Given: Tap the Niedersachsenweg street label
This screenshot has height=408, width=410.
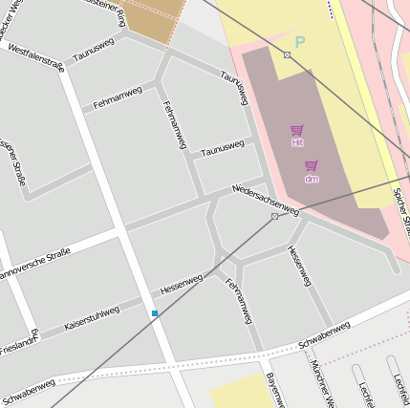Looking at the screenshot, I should coord(265,199).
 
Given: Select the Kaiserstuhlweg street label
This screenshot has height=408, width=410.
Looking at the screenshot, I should coord(92,318).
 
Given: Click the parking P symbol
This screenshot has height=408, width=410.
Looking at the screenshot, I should coord(300,42).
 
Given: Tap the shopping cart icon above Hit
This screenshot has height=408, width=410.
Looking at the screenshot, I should coord(297,130).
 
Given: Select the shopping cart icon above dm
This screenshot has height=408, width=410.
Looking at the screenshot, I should coord(312,165).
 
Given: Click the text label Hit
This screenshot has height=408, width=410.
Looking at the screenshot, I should coord(297,142).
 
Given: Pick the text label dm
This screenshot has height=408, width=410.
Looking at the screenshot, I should coord(312,179).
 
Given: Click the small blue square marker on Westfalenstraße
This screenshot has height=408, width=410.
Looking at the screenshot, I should coord(155,312).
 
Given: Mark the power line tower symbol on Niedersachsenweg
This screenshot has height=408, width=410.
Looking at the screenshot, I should coord(274,217).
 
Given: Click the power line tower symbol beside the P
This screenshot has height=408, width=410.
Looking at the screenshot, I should coord(287,54).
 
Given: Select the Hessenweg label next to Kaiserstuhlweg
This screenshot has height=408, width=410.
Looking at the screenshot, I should coord(182,283).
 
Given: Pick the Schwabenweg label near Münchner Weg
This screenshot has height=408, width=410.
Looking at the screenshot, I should coord(324,333).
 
